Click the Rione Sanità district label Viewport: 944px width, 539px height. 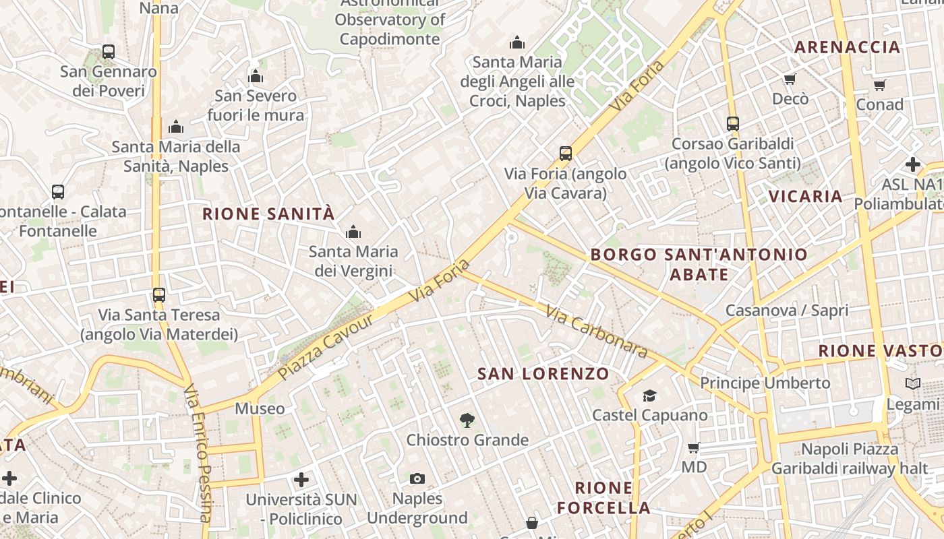pyautogui.click(x=268, y=214)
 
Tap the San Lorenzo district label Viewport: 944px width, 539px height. pyautogui.click(x=543, y=374)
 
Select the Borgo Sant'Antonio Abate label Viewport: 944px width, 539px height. pyautogui.click(x=699, y=264)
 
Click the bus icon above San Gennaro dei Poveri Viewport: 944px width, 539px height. pyautogui.click(x=108, y=51)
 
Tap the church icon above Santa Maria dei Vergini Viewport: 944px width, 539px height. pyautogui.click(x=353, y=232)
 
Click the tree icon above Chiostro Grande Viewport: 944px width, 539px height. pyautogui.click(x=467, y=421)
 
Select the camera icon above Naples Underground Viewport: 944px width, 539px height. pyautogui.click(x=417, y=479)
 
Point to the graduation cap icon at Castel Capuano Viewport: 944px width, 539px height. pyautogui.click(x=649, y=395)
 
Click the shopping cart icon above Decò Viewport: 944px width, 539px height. pyautogui.click(x=790, y=80)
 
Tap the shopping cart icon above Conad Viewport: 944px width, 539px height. pyautogui.click(x=879, y=85)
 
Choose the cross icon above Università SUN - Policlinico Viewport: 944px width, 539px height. pyautogui.click(x=301, y=480)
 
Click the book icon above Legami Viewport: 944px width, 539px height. pyautogui.click(x=912, y=384)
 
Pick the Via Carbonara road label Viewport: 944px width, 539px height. pyautogui.click(x=596, y=332)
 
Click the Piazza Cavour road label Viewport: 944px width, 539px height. pyautogui.click(x=326, y=347)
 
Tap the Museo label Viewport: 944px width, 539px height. pyautogui.click(x=260, y=409)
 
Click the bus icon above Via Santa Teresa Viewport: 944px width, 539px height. pyautogui.click(x=159, y=295)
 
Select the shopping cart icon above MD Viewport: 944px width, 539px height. pyautogui.click(x=693, y=448)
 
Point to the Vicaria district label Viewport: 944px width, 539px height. pyautogui.click(x=806, y=197)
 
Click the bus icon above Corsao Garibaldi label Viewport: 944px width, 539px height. pyautogui.click(x=733, y=124)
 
